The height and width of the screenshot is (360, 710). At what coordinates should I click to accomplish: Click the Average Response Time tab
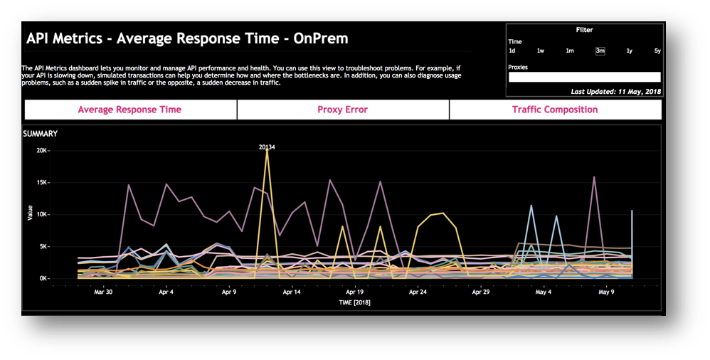pyautogui.click(x=129, y=110)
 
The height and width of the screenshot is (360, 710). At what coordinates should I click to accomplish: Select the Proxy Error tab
pyautogui.click(x=342, y=110)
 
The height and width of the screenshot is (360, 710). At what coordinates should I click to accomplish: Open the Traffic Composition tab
pyautogui.click(x=555, y=110)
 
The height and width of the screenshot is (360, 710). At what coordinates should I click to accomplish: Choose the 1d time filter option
pyautogui.click(x=512, y=51)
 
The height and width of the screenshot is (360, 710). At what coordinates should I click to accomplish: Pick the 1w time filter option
pyautogui.click(x=541, y=51)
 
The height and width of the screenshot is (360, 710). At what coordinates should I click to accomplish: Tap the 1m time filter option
pyautogui.click(x=570, y=51)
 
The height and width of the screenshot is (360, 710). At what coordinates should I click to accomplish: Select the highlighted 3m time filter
pyautogui.click(x=600, y=51)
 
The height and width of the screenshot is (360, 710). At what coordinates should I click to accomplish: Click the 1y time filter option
pyautogui.click(x=629, y=51)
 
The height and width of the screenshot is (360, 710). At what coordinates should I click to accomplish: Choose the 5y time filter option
pyautogui.click(x=657, y=51)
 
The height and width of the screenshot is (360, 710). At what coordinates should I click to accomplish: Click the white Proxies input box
pyautogui.click(x=584, y=78)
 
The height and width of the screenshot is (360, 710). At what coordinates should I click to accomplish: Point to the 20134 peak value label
pyautogui.click(x=267, y=147)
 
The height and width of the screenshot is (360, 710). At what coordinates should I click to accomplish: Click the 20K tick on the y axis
pyautogui.click(x=41, y=151)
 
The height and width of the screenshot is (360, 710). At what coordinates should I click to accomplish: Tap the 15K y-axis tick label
pyautogui.click(x=41, y=183)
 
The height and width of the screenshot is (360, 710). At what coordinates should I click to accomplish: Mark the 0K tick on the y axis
pyautogui.click(x=43, y=279)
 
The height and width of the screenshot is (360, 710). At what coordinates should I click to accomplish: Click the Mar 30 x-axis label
pyautogui.click(x=103, y=292)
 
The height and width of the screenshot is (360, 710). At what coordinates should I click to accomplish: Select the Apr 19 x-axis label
pyautogui.click(x=354, y=292)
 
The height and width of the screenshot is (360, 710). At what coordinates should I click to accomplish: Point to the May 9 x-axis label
pyautogui.click(x=606, y=292)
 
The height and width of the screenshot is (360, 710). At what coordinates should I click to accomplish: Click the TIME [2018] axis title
pyautogui.click(x=354, y=302)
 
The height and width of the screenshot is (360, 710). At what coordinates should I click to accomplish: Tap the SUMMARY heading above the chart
pyautogui.click(x=41, y=134)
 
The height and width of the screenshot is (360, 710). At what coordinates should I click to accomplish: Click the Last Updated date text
pyautogui.click(x=615, y=92)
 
